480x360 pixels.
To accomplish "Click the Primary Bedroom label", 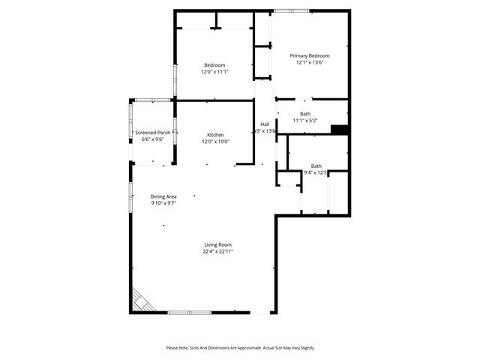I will point(310,55).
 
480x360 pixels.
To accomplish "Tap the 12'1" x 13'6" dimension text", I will point(310,63).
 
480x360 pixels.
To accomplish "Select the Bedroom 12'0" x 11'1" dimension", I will point(214,72).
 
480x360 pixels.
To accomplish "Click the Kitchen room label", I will point(215,135).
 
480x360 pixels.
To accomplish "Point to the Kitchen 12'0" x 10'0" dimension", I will point(215,142).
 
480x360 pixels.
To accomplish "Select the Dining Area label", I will point(163,196).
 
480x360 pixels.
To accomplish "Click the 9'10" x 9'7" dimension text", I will point(163,203).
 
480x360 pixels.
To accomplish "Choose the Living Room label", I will point(218,244).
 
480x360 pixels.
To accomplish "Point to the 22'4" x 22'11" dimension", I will point(218,252).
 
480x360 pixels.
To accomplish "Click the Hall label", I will point(265,124).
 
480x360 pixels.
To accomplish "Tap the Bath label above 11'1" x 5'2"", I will point(305,113).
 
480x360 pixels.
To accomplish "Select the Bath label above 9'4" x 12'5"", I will point(316,166).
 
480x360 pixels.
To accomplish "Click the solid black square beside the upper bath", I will point(340,130).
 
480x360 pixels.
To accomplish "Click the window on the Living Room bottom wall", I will point(189,312).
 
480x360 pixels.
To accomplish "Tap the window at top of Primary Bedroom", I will point(291,10).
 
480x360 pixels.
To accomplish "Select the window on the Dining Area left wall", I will point(130,196).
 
